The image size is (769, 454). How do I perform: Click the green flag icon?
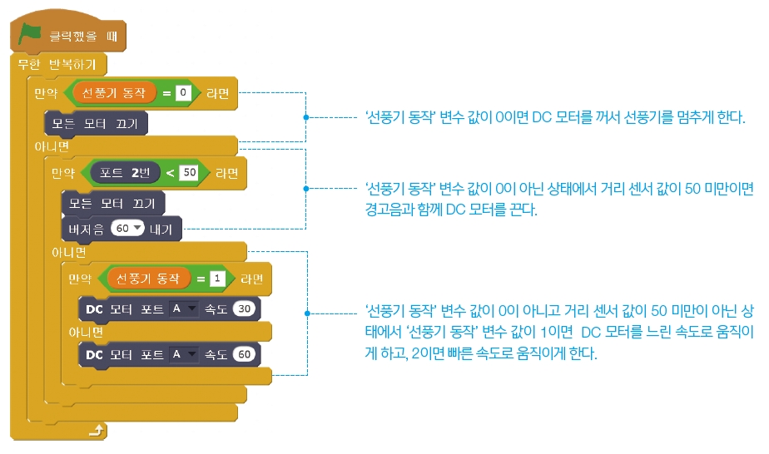(31, 34)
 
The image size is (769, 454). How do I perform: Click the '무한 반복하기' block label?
(59, 65)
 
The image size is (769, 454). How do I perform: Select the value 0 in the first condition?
(182, 93)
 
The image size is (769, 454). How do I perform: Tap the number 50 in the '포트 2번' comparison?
(189, 173)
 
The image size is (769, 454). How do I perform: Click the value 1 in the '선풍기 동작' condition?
(217, 279)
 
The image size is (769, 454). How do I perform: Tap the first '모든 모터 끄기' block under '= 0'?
(96, 124)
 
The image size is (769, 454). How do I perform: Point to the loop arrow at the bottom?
(97, 430)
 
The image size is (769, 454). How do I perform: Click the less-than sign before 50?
(171, 173)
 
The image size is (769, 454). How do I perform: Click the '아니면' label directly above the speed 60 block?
(86, 332)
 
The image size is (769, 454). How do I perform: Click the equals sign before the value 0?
(166, 93)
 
